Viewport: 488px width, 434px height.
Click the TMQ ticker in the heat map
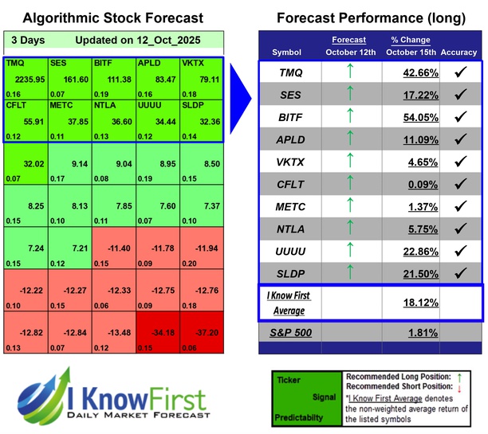[14, 61]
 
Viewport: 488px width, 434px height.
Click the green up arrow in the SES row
[348, 95]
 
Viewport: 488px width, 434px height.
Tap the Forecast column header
[348, 40]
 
